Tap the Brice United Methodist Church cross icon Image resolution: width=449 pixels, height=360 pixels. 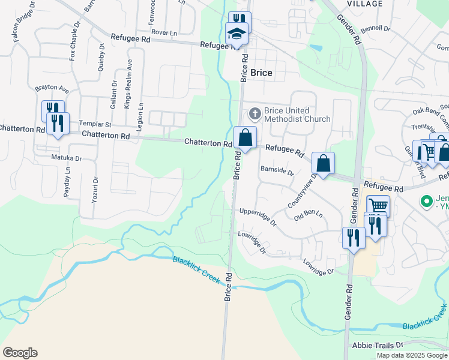pyautogui.click(x=255, y=113)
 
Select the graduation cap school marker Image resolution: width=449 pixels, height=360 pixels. pyautogui.click(x=236, y=34)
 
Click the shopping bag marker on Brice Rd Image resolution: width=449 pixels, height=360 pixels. pyautogui.click(x=245, y=138)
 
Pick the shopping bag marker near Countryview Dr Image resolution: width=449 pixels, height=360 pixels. pyautogui.click(x=323, y=163)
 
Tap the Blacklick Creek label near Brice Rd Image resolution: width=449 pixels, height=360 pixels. pyautogui.click(x=196, y=270)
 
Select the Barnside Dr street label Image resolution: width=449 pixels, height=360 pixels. pyautogui.click(x=277, y=171)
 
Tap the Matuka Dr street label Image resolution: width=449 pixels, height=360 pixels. pyautogui.click(x=66, y=158)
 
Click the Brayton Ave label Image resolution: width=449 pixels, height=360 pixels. pyautogui.click(x=52, y=89)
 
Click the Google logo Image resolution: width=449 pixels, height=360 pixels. pyautogui.click(x=20, y=353)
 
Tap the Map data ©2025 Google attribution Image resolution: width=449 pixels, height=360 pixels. pyautogui.click(x=412, y=355)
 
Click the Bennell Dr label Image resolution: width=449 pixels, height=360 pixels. pyautogui.click(x=376, y=28)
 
